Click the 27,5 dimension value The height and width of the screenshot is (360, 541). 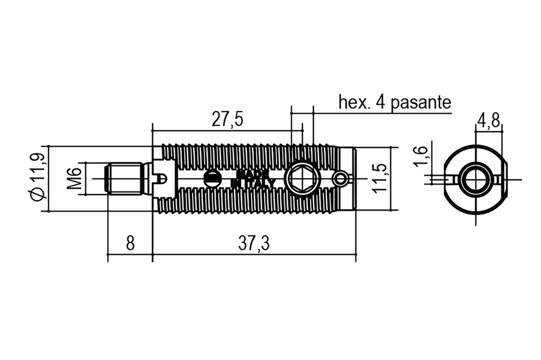pos(227,119)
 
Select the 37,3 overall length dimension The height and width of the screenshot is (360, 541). pos(254,244)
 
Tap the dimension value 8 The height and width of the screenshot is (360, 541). pos(130,243)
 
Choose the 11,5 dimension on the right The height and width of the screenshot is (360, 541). pos(380,179)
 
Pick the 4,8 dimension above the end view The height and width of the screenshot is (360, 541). pos(489,121)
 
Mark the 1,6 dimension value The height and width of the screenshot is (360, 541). pos(420,155)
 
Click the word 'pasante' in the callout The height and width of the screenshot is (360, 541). pos(421,103)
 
